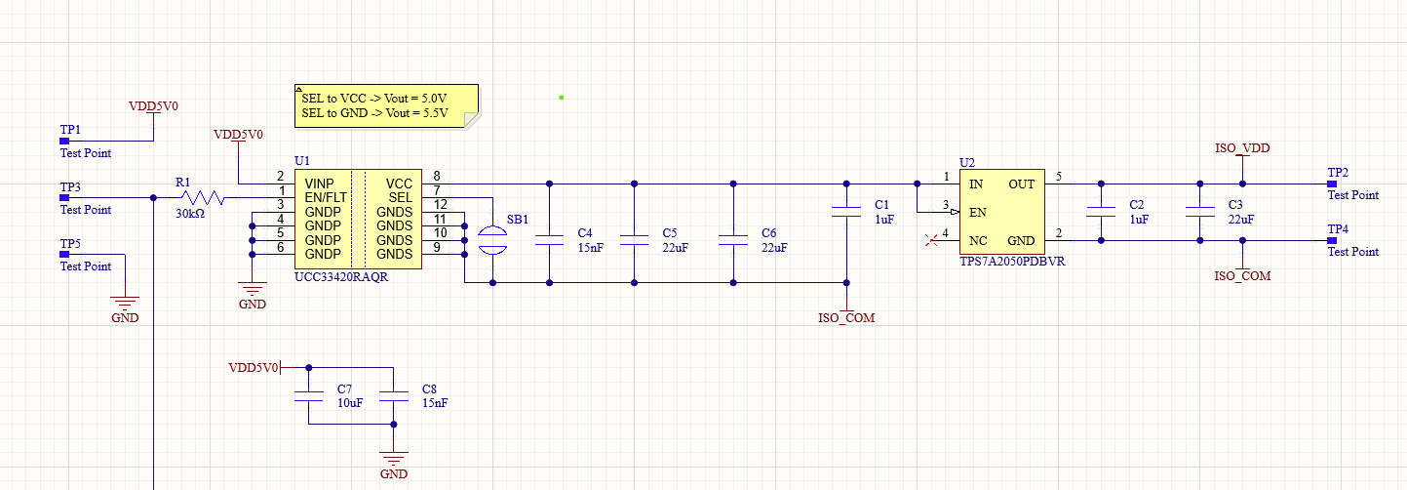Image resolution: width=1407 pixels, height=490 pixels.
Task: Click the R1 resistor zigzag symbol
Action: coord(203,197)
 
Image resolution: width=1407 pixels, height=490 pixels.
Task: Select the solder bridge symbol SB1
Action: coord(492,240)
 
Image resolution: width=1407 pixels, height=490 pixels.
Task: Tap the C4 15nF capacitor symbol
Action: coord(549,240)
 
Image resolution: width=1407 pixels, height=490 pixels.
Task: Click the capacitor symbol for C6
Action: coord(733,240)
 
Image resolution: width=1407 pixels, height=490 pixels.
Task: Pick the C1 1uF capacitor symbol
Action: coord(846,212)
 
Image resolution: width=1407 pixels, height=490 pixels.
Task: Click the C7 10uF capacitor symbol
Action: coord(308,395)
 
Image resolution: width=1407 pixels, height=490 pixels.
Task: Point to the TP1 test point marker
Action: coord(64,141)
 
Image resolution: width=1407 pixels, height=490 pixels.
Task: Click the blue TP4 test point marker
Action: coord(1332,240)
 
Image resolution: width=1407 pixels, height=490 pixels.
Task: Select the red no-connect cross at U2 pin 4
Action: coord(931,240)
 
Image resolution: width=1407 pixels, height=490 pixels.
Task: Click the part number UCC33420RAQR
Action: coord(341,277)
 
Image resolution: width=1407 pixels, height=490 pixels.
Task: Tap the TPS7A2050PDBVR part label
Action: coord(1012,262)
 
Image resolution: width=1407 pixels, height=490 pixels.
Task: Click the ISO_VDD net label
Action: coord(1242,148)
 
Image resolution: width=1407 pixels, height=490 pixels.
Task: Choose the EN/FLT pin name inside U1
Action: coord(326,197)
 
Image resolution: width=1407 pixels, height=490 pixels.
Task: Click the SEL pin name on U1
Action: coord(400,197)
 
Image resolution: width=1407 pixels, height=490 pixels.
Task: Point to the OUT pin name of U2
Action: coord(1021,184)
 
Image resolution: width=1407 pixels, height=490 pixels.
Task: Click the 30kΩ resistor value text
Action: coord(190,214)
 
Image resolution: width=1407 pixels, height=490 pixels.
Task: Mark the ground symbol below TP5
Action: coord(125,303)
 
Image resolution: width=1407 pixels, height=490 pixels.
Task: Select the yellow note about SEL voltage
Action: coord(387,106)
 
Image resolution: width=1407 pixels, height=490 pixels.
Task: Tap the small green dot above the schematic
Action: coord(561,98)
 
